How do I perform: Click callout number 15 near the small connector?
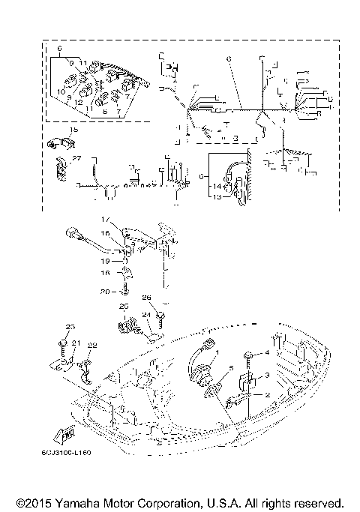pyautogui.click(x=73, y=130)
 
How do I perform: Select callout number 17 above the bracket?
pyautogui.click(x=106, y=219)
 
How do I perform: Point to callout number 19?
pyautogui.click(x=106, y=262)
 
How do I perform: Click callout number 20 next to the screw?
pyautogui.click(x=106, y=292)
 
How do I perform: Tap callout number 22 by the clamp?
pyautogui.click(x=92, y=345)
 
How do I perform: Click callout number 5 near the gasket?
pyautogui.click(x=232, y=368)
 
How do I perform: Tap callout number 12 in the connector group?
pyautogui.click(x=77, y=102)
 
